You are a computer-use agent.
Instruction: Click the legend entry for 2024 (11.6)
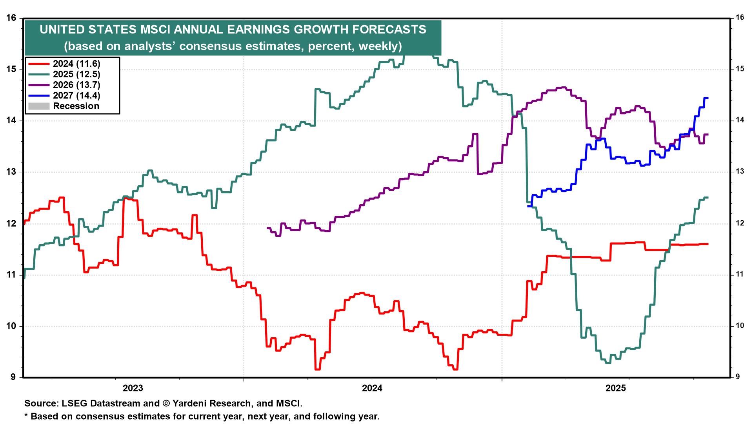point(76,64)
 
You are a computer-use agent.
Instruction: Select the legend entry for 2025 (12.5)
point(76,74)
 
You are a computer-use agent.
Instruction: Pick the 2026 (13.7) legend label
point(76,85)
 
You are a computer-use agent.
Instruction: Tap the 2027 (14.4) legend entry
point(76,95)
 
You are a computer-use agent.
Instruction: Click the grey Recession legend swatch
point(39,106)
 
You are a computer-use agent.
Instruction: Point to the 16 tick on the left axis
point(11,18)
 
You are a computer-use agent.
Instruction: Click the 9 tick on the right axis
point(737,377)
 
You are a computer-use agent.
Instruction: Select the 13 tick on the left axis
point(11,172)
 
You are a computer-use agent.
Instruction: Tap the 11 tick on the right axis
point(739,274)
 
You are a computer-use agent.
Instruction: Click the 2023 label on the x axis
point(133,388)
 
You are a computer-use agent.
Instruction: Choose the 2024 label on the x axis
point(372,388)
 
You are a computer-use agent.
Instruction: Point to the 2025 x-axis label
point(616,388)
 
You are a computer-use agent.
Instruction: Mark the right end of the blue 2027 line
point(708,98)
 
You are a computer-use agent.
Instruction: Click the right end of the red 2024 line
point(708,244)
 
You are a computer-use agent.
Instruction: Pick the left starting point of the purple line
point(267,228)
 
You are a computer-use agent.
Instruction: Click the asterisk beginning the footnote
point(26,415)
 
